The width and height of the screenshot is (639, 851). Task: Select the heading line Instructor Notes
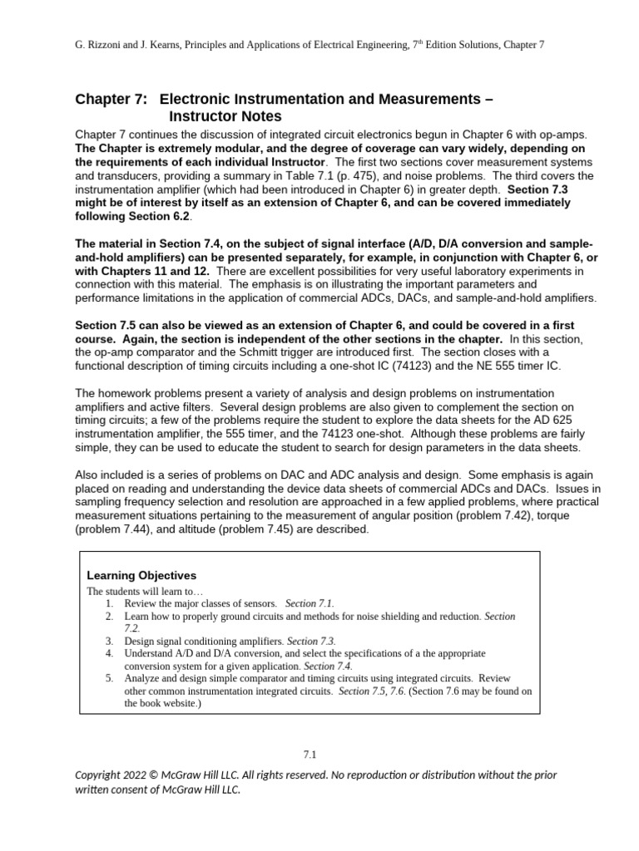(x=225, y=116)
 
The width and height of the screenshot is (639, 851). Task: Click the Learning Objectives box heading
(x=141, y=575)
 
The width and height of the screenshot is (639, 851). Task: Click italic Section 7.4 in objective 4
(x=328, y=666)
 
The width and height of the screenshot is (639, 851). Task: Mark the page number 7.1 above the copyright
(x=310, y=754)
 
